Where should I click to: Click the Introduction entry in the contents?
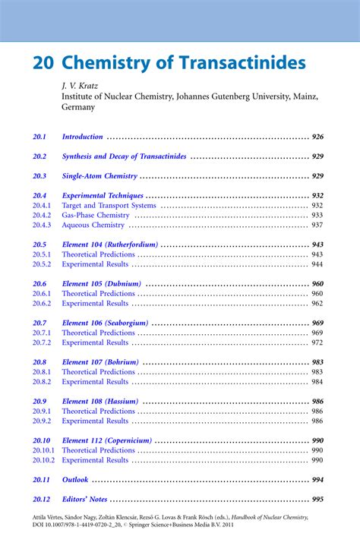(x=82, y=137)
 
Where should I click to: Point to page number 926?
(x=317, y=137)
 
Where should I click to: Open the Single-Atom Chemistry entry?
(x=99, y=176)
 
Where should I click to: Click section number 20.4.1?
(x=42, y=206)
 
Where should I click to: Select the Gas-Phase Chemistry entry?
(x=96, y=216)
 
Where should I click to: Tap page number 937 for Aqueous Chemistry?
(x=317, y=226)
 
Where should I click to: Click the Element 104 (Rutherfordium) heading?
(x=110, y=245)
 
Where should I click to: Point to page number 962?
(x=317, y=304)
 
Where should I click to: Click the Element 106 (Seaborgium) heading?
(x=105, y=323)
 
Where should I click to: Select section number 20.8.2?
(x=42, y=382)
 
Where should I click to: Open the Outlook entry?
(x=75, y=480)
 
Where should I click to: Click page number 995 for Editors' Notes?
(x=317, y=500)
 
